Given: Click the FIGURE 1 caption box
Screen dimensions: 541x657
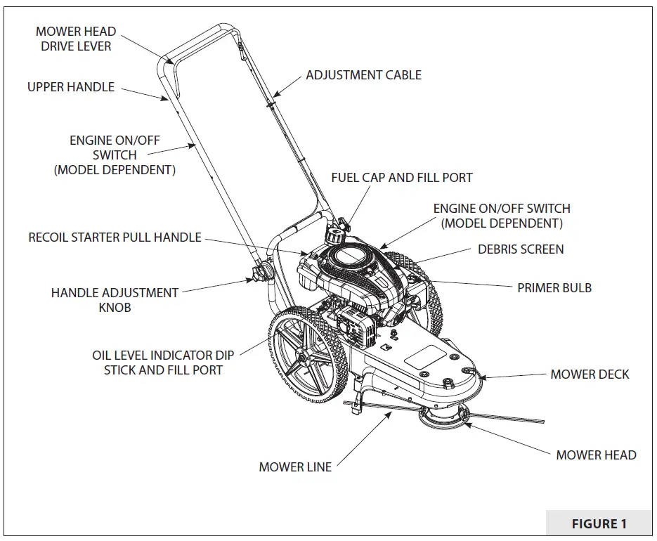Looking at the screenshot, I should [x=599, y=523].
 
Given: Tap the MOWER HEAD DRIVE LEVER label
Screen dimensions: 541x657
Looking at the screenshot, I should [x=76, y=39].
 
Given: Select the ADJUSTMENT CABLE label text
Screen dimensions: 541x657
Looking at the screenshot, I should [x=363, y=75].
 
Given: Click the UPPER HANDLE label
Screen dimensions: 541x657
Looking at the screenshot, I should [x=70, y=87].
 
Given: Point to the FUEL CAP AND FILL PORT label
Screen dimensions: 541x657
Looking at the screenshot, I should [x=402, y=178].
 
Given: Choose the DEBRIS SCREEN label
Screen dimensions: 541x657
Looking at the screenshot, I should [x=521, y=249].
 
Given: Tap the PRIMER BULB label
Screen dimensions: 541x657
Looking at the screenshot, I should [x=554, y=287].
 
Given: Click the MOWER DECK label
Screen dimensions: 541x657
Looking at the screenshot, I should [x=590, y=374].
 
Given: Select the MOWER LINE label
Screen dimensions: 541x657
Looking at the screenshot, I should [x=295, y=467].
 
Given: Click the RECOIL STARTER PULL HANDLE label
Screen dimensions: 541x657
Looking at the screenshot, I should [x=115, y=237].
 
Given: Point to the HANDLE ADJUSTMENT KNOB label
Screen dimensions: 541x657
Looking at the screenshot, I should [x=115, y=299].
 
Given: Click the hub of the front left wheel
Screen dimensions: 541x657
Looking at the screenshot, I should [x=301, y=360].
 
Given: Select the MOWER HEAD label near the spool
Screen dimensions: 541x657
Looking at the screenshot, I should [x=596, y=455].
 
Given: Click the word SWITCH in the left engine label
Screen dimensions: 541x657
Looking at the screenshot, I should [x=115, y=155].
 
